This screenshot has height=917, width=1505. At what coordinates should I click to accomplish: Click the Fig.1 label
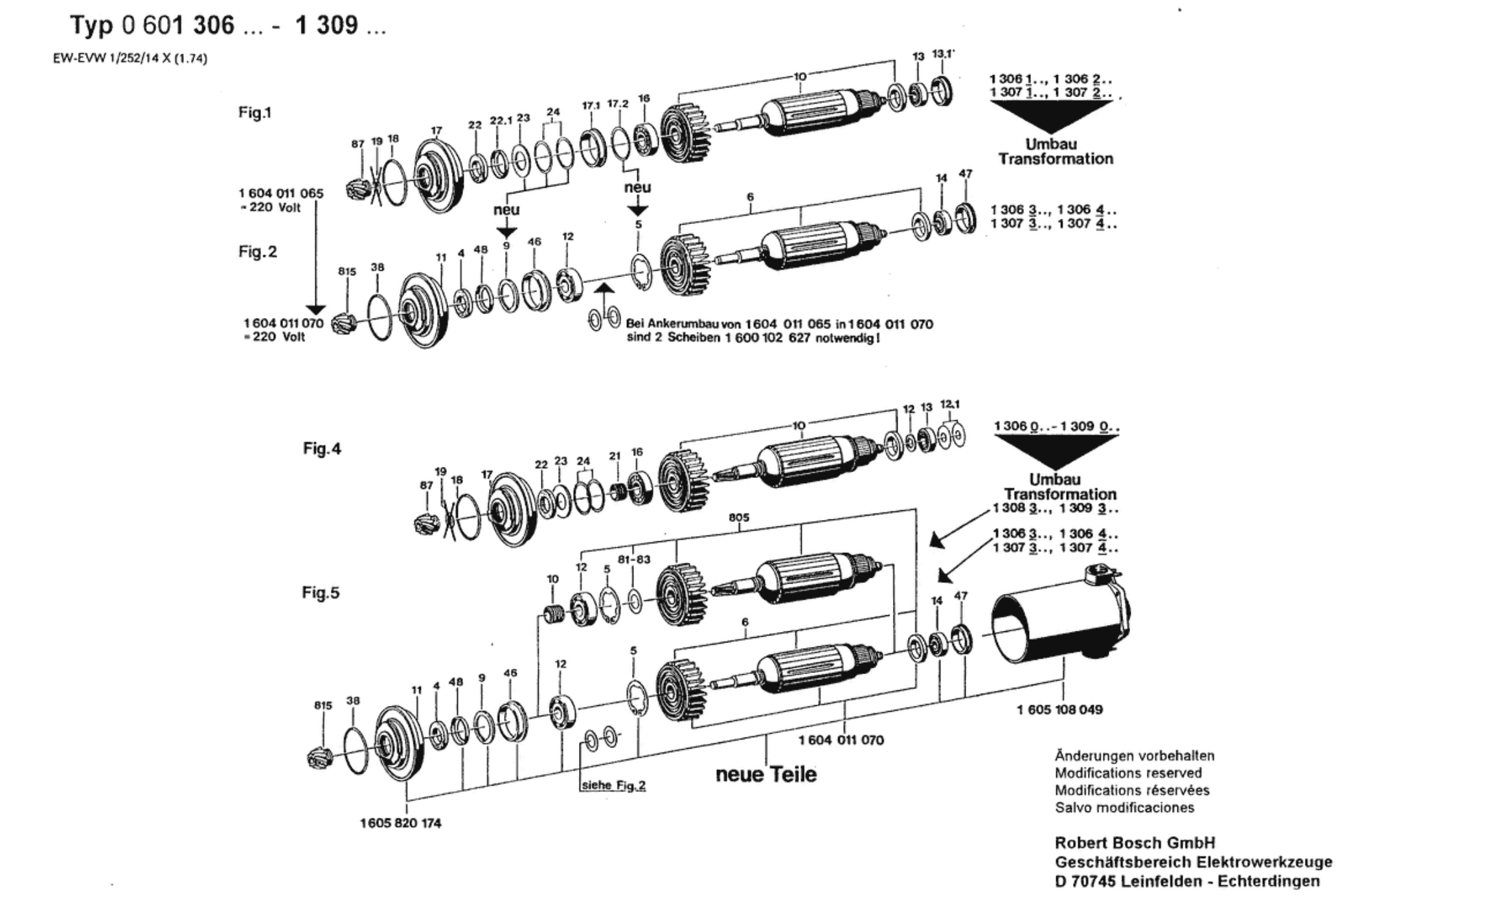click(x=255, y=113)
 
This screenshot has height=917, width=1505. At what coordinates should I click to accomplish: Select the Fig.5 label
click(x=321, y=593)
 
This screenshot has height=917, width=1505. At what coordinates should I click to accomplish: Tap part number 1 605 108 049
click(x=1059, y=709)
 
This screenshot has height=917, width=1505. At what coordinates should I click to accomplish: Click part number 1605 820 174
click(x=401, y=823)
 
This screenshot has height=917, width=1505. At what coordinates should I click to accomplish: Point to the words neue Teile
click(x=766, y=775)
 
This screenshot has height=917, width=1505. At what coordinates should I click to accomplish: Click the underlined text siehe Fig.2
click(x=614, y=786)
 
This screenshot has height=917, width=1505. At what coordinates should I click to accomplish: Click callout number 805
click(x=739, y=517)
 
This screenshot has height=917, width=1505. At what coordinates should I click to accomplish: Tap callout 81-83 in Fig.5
click(x=634, y=560)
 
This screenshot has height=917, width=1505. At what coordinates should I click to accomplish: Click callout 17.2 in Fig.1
click(x=618, y=104)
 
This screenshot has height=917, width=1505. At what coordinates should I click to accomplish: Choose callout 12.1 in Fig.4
click(x=950, y=405)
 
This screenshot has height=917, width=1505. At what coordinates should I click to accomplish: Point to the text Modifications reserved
click(x=1128, y=773)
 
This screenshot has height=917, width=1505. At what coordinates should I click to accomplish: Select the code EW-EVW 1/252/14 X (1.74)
click(x=130, y=59)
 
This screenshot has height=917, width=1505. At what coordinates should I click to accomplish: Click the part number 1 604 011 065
click(x=281, y=193)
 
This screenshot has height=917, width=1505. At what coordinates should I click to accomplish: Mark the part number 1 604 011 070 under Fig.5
click(x=841, y=740)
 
